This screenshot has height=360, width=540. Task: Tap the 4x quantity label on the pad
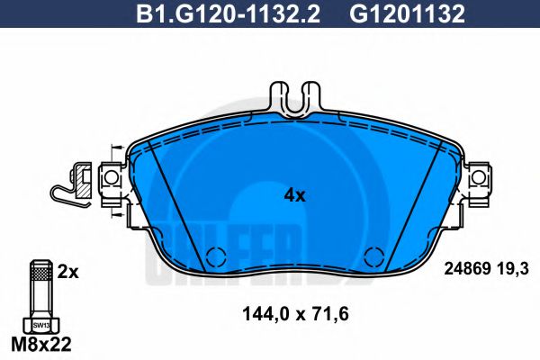click(294, 194)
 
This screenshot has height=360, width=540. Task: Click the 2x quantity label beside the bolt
click(68, 270)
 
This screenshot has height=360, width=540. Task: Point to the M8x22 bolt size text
click(41, 343)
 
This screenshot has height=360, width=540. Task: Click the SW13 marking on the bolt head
click(40, 323)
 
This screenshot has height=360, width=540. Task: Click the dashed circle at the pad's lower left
click(215, 256)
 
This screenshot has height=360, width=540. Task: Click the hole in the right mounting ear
click(478, 180)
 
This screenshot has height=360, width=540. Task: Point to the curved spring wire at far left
click(63, 192)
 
